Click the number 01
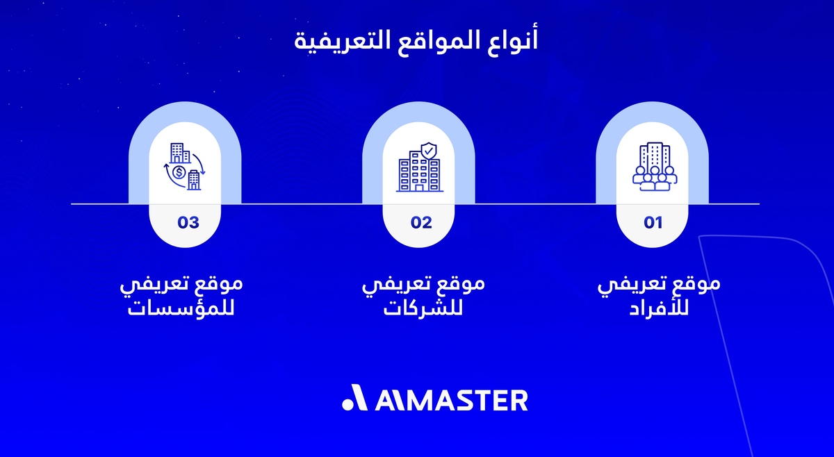653,223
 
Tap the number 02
421,223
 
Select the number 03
188,223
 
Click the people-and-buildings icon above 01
653,167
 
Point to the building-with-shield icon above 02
419,167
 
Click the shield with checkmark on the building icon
430,149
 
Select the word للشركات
423,307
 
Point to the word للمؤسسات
181,307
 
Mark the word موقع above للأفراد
697,285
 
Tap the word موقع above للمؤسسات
220,285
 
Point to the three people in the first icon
654,180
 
